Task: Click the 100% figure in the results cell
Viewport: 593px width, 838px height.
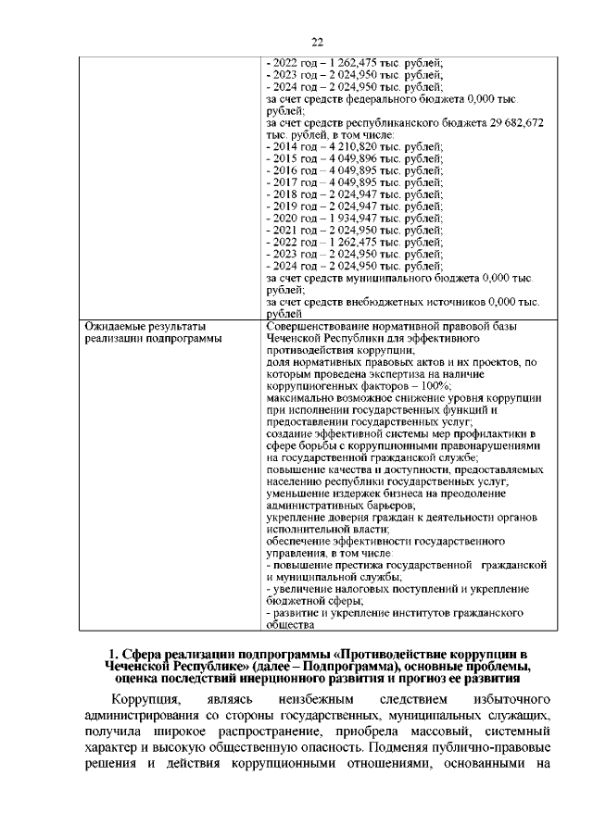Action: tap(435, 386)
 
